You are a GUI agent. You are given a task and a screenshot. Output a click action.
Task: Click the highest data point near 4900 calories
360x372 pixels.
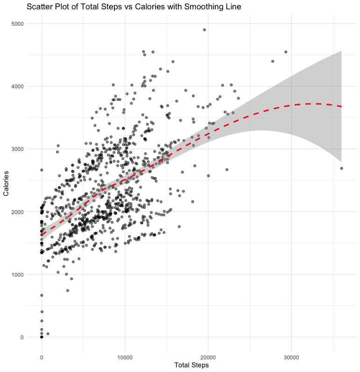pyautogui.click(x=205, y=30)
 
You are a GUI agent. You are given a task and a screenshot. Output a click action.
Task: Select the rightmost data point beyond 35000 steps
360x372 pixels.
pyautogui.click(x=341, y=168)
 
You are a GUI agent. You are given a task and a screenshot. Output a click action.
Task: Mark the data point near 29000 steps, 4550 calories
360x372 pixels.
pyautogui.click(x=286, y=52)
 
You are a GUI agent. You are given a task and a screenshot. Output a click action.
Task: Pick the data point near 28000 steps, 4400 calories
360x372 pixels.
pyautogui.click(x=273, y=61)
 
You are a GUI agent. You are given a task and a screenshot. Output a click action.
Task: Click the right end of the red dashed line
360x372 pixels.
pyautogui.click(x=341, y=107)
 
